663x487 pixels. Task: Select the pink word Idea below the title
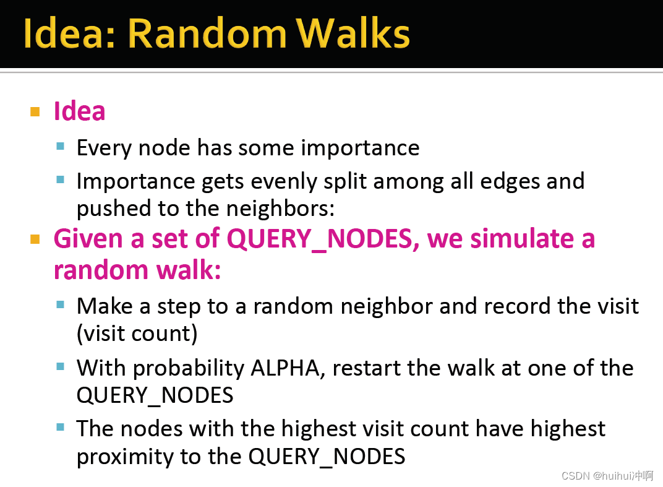[x=79, y=111]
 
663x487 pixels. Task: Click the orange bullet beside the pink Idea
[x=35, y=112]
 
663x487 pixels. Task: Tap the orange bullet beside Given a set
[x=35, y=239]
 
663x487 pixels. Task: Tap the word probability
[x=189, y=368]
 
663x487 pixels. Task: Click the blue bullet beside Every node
[x=60, y=147]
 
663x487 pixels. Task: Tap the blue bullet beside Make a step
[x=60, y=304]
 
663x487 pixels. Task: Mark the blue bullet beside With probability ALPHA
[x=60, y=366]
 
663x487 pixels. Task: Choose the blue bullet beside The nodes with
[x=60, y=427]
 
